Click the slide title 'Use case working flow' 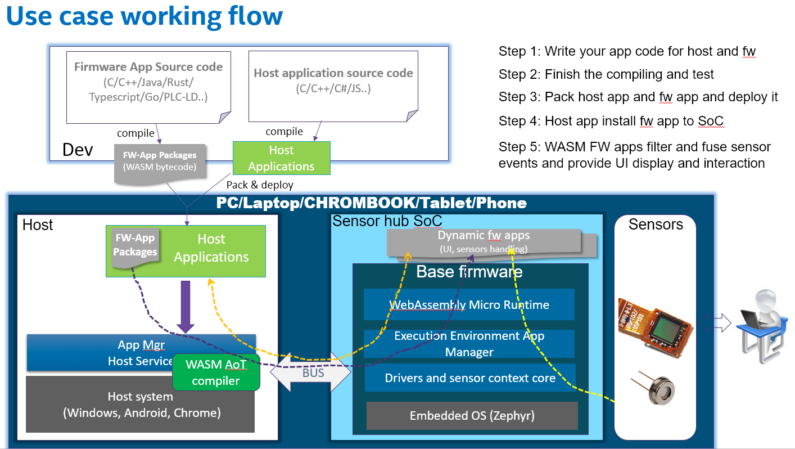point(144,16)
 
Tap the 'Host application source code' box point(333,84)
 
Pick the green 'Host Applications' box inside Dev point(281,158)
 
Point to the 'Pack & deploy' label point(259,185)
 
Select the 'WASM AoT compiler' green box point(216,372)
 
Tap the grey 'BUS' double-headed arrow point(313,372)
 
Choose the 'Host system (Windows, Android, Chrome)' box point(140,405)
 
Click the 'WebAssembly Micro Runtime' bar point(469,305)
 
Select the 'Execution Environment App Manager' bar point(469,344)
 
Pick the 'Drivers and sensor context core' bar point(470,378)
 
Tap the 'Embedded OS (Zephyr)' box point(472,416)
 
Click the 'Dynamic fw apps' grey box point(484,241)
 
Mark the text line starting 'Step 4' point(611,120)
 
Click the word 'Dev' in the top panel point(78,150)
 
